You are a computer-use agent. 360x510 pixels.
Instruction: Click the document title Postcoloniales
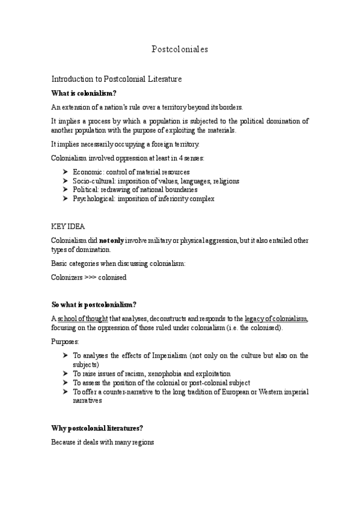(x=180, y=50)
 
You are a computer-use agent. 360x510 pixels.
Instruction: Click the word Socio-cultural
(x=94, y=181)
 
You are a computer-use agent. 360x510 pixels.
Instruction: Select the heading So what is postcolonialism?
(x=94, y=304)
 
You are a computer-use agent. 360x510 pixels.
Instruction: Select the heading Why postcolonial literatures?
(x=97, y=428)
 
